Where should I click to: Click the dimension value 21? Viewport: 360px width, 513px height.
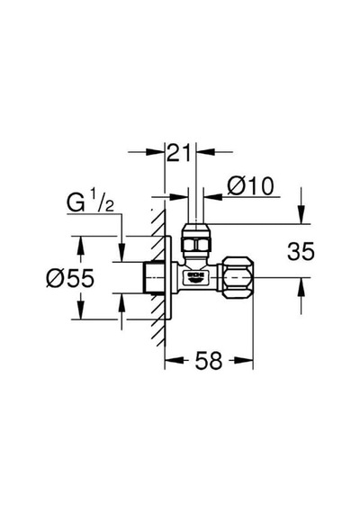[x=178, y=153]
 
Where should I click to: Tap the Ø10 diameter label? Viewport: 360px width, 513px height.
[x=250, y=186]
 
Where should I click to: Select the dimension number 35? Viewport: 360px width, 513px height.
[x=301, y=251]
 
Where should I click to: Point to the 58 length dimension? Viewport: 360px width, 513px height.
[x=209, y=360]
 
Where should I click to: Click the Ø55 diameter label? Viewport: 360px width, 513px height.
[x=70, y=278]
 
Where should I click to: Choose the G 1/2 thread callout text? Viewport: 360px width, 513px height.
[x=90, y=202]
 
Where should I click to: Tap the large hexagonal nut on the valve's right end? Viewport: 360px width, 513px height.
[x=238, y=277]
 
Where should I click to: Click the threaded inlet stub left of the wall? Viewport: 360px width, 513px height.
[x=156, y=277]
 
